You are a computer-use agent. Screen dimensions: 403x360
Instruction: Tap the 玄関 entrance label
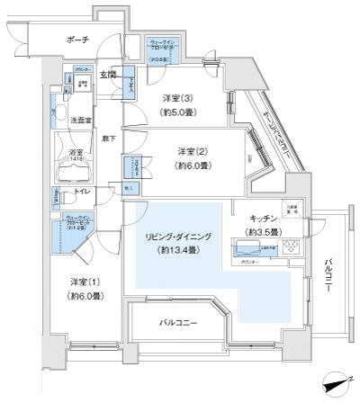click(107, 74)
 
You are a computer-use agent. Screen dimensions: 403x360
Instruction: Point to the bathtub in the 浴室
click(74, 170)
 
